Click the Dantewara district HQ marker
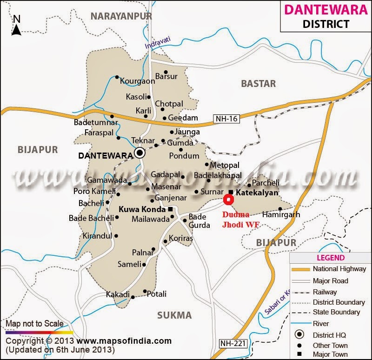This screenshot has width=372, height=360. tap(139, 153)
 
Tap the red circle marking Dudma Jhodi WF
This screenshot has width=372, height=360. tap(228, 200)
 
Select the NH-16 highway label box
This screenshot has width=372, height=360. tap(226, 119)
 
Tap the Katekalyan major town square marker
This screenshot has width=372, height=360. tap(231, 192)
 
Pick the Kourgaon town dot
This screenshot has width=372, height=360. tap(117, 77)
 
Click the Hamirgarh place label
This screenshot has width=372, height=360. tap(281, 215)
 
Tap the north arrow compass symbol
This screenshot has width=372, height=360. tap(17, 26)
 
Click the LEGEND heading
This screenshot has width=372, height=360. tap(331, 258)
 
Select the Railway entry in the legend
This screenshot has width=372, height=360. tap(325, 292)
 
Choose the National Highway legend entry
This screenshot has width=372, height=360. tap(339, 269)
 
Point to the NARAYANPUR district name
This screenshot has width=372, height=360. tap(121, 16)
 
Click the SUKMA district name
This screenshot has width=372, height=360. tap(174, 315)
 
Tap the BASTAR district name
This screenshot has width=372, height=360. tap(259, 84)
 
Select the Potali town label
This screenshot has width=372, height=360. tap(156, 294)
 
